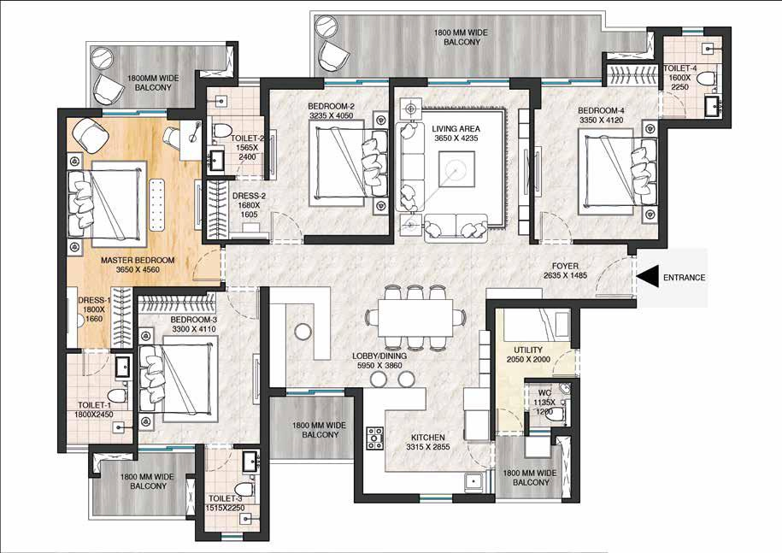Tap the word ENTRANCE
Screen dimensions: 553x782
685,278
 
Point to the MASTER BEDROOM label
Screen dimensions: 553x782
138,259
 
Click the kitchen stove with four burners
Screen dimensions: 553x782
374,438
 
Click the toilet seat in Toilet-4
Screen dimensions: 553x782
705,79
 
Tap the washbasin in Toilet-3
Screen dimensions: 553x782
250,462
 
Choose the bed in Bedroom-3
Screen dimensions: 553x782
180,376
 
